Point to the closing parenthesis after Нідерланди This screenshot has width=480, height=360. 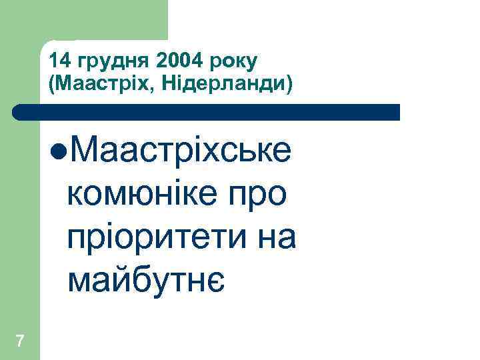(x=290, y=85)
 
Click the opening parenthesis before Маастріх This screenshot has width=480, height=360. (x=51, y=85)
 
